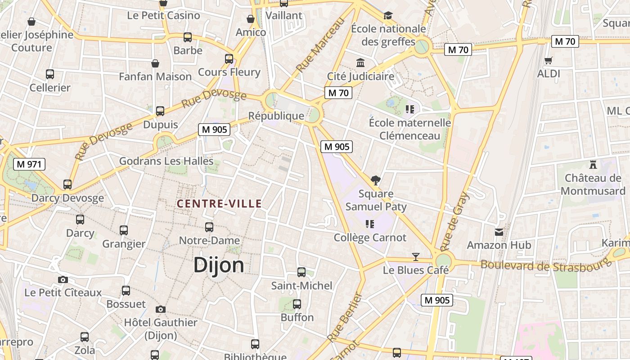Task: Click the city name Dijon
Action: click(219, 265)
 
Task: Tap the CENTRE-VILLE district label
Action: click(219, 204)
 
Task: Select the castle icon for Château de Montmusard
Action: click(593, 165)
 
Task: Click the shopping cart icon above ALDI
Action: click(548, 60)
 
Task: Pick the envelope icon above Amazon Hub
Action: click(499, 232)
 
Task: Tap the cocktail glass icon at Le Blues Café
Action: click(416, 257)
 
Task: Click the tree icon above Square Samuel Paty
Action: click(376, 180)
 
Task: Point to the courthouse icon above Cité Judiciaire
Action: click(360, 63)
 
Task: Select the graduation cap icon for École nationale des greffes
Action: click(388, 16)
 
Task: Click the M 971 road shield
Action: click(30, 164)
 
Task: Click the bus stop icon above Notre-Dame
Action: click(209, 227)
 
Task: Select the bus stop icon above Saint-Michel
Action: click(301, 272)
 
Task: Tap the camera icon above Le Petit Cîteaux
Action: click(63, 279)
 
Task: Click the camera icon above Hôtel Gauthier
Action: click(160, 309)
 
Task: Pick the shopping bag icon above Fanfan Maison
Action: click(155, 63)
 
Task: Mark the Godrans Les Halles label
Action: click(166, 161)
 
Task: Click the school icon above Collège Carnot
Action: click(370, 224)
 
